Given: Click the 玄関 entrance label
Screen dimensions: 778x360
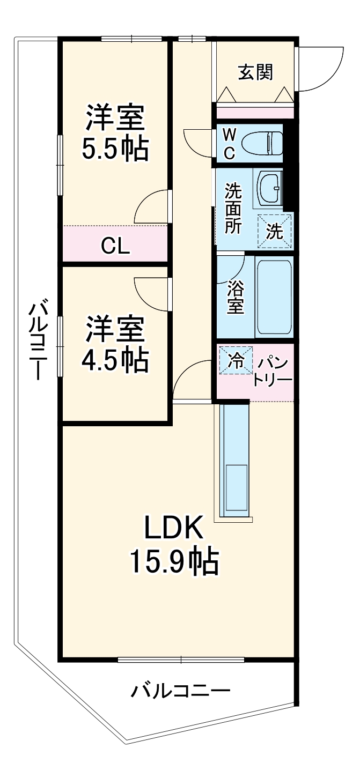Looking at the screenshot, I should [255, 72].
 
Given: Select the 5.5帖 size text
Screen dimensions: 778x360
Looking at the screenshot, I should [115, 150].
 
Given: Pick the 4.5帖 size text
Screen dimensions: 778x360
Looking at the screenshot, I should [115, 361].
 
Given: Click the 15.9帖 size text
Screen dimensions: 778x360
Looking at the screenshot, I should [173, 561].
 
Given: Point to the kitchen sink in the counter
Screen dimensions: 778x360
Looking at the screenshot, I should [236, 487].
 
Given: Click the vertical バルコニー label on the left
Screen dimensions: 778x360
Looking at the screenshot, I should [37, 340].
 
